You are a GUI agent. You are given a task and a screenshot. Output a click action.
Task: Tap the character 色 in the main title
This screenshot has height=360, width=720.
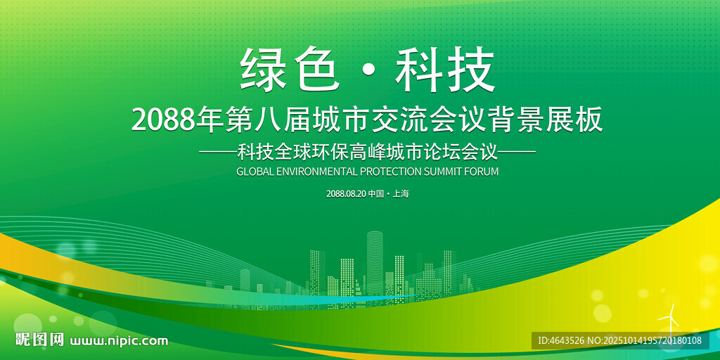[317, 69]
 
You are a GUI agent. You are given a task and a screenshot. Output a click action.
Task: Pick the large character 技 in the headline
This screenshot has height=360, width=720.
[471, 69]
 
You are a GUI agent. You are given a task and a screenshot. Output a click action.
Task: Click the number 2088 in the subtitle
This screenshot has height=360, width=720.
[163, 120]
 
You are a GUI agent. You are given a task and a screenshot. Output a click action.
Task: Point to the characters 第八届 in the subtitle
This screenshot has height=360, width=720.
[268, 120]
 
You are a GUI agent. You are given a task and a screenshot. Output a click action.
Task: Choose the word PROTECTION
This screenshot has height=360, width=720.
[391, 172]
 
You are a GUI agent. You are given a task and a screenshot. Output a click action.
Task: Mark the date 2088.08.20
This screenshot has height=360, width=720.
[346, 194]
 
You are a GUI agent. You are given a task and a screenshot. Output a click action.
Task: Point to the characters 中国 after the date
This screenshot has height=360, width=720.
[375, 194]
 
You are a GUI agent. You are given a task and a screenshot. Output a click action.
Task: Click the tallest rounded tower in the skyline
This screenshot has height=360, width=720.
[375, 264]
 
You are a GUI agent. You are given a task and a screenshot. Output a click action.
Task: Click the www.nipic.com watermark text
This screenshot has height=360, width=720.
[118, 341]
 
